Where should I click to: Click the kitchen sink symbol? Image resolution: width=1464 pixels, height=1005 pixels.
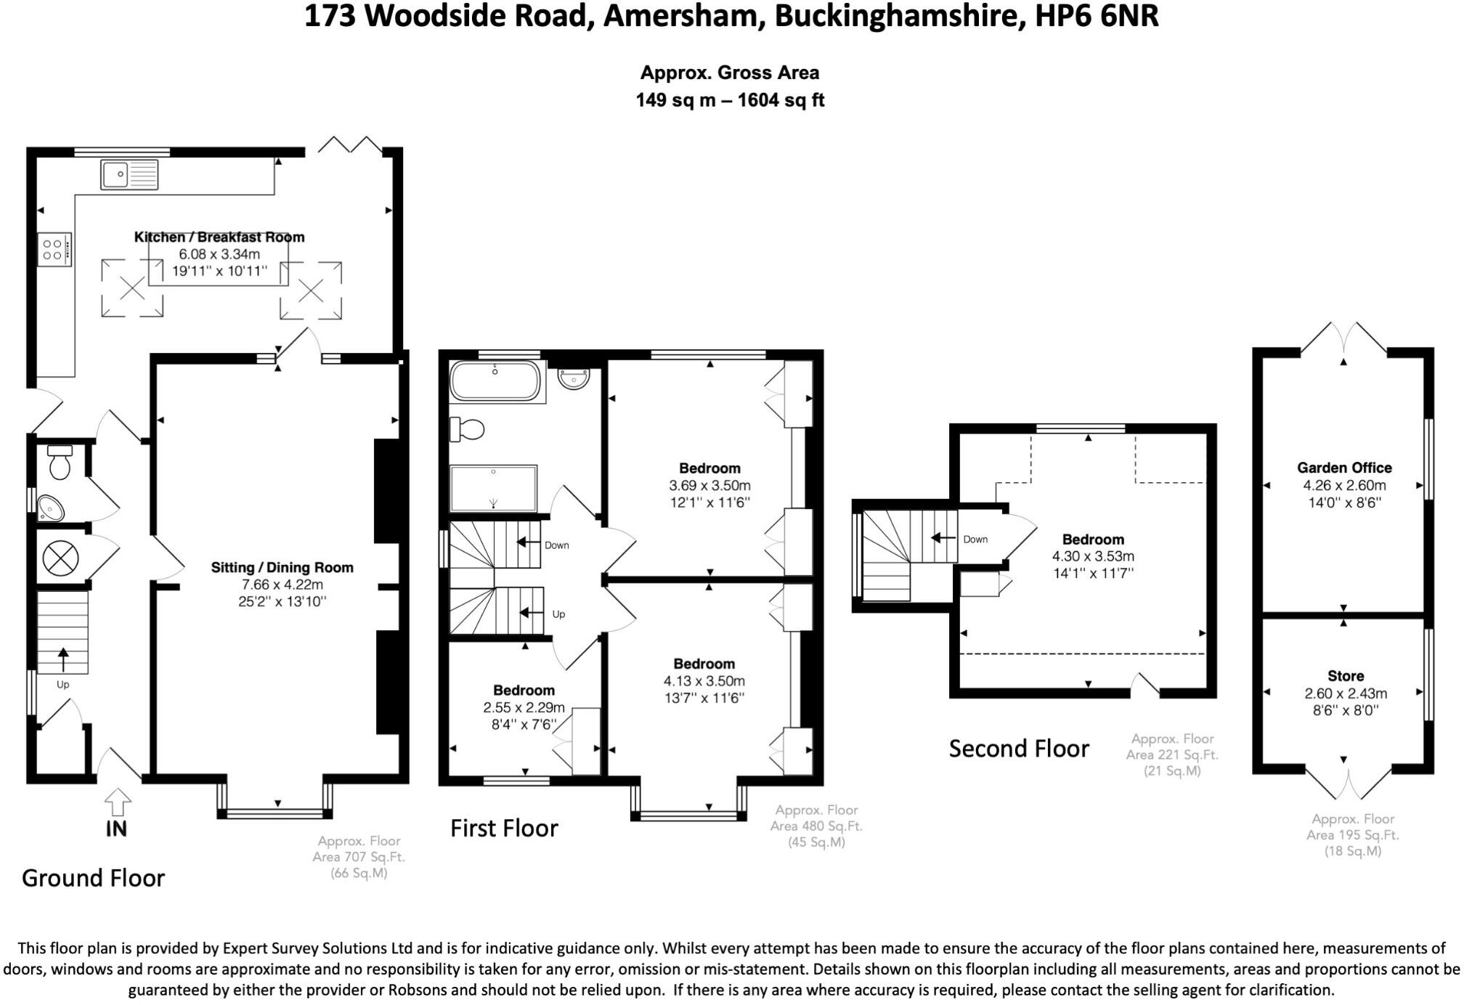click(130, 175)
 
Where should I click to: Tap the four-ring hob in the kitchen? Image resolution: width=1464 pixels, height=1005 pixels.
click(54, 249)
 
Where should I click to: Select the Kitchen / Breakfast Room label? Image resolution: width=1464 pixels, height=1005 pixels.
click(219, 237)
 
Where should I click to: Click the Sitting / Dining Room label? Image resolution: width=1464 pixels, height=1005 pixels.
click(282, 567)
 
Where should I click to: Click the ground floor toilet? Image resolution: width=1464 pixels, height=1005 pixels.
click(60, 462)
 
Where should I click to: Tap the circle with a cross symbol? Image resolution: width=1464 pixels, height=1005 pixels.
click(60, 559)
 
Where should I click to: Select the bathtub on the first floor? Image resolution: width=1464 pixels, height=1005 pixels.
click(495, 381)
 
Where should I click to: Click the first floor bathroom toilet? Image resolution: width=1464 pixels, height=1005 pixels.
click(467, 429)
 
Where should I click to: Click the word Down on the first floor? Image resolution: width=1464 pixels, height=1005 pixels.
click(556, 545)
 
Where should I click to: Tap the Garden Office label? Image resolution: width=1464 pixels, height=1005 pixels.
click(1344, 468)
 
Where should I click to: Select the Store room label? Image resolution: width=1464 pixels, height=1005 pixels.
click(1345, 676)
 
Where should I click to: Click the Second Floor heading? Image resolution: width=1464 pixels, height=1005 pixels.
click(1019, 749)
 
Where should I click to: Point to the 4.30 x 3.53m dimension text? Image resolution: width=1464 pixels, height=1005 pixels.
click(1093, 556)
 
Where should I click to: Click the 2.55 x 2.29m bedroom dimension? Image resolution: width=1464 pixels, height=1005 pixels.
click(524, 707)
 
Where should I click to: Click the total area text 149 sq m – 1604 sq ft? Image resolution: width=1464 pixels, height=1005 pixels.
click(730, 100)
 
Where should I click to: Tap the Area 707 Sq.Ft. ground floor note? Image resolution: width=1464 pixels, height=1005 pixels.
click(359, 857)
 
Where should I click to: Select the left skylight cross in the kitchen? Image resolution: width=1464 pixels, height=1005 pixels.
click(131, 289)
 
